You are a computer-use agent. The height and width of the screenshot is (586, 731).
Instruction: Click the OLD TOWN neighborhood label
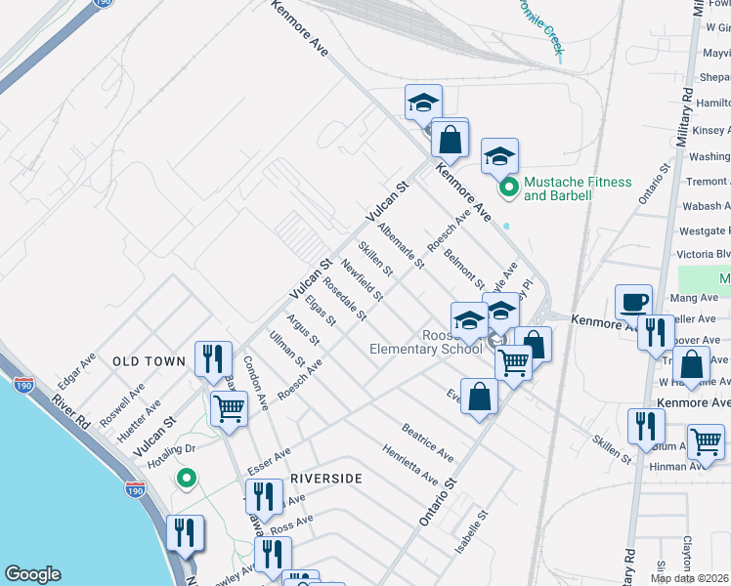click(x=149, y=361)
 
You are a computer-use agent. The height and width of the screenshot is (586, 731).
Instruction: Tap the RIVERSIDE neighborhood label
click(x=326, y=479)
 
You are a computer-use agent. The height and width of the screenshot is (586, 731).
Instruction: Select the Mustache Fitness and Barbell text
click(x=578, y=188)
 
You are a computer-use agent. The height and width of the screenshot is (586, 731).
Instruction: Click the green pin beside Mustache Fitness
click(x=508, y=188)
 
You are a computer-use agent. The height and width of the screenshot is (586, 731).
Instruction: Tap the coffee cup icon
click(x=633, y=302)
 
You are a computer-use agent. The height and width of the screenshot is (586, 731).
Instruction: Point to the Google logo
click(x=33, y=574)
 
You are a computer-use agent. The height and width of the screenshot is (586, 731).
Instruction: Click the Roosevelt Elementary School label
click(x=426, y=341)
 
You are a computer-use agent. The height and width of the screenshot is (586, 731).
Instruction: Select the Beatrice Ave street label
click(x=427, y=442)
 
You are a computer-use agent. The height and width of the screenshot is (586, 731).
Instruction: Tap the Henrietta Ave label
click(x=410, y=464)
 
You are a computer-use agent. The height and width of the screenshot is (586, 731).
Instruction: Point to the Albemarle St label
click(x=401, y=244)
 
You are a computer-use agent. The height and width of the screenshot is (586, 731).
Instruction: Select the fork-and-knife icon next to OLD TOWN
click(x=212, y=359)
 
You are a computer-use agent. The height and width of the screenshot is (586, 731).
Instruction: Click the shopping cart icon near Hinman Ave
click(x=706, y=441)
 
